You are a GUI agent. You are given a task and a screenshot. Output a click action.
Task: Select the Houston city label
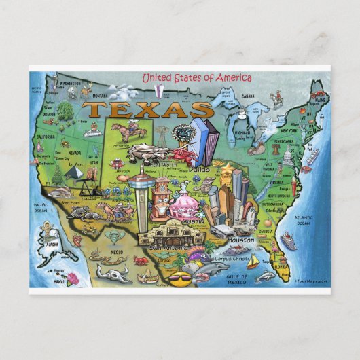(x=241, y=240)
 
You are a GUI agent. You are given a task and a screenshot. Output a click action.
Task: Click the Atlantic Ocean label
(x=303, y=220)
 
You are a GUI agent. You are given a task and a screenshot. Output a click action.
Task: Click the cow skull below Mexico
(x=113, y=272)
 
